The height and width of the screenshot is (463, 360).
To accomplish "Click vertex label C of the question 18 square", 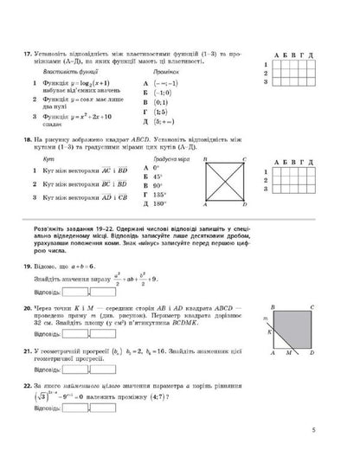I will click(x=246, y=160).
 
